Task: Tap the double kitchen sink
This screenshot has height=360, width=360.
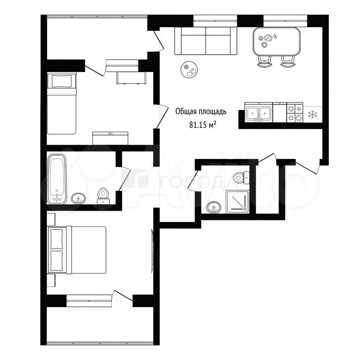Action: pyautogui.click(x=259, y=112)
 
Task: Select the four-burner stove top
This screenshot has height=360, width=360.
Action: pyautogui.click(x=295, y=113)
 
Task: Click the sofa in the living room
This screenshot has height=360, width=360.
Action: pyautogui.click(x=206, y=41)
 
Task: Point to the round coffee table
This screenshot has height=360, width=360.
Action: pyautogui.click(x=189, y=70)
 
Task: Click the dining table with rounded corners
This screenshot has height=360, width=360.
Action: pyautogui.click(x=277, y=42)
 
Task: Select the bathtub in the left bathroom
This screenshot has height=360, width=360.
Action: pyautogui.click(x=57, y=179)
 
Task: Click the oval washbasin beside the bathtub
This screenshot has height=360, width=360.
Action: pyautogui.click(x=79, y=198)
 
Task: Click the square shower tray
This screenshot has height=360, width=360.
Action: pyautogui.click(x=237, y=202)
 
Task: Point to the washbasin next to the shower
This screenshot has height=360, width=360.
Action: pyautogui.click(x=214, y=207)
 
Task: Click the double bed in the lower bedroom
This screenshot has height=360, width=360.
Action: pyautogui.click(x=77, y=250)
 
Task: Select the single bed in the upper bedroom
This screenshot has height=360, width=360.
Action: pyautogui.click(x=61, y=103)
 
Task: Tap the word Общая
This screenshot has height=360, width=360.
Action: pyautogui.click(x=183, y=112)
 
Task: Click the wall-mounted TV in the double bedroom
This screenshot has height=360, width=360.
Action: pyautogui.click(x=152, y=251)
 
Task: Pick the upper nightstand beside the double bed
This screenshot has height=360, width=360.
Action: pyautogui.click(x=51, y=219)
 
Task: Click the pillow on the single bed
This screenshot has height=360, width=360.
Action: pyautogui.click(x=61, y=81)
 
